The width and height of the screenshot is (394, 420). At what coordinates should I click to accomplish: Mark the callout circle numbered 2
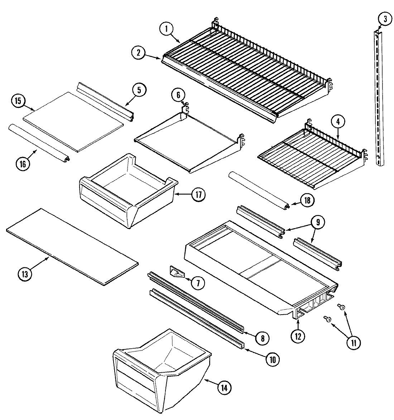pyautogui.click(x=138, y=53)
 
